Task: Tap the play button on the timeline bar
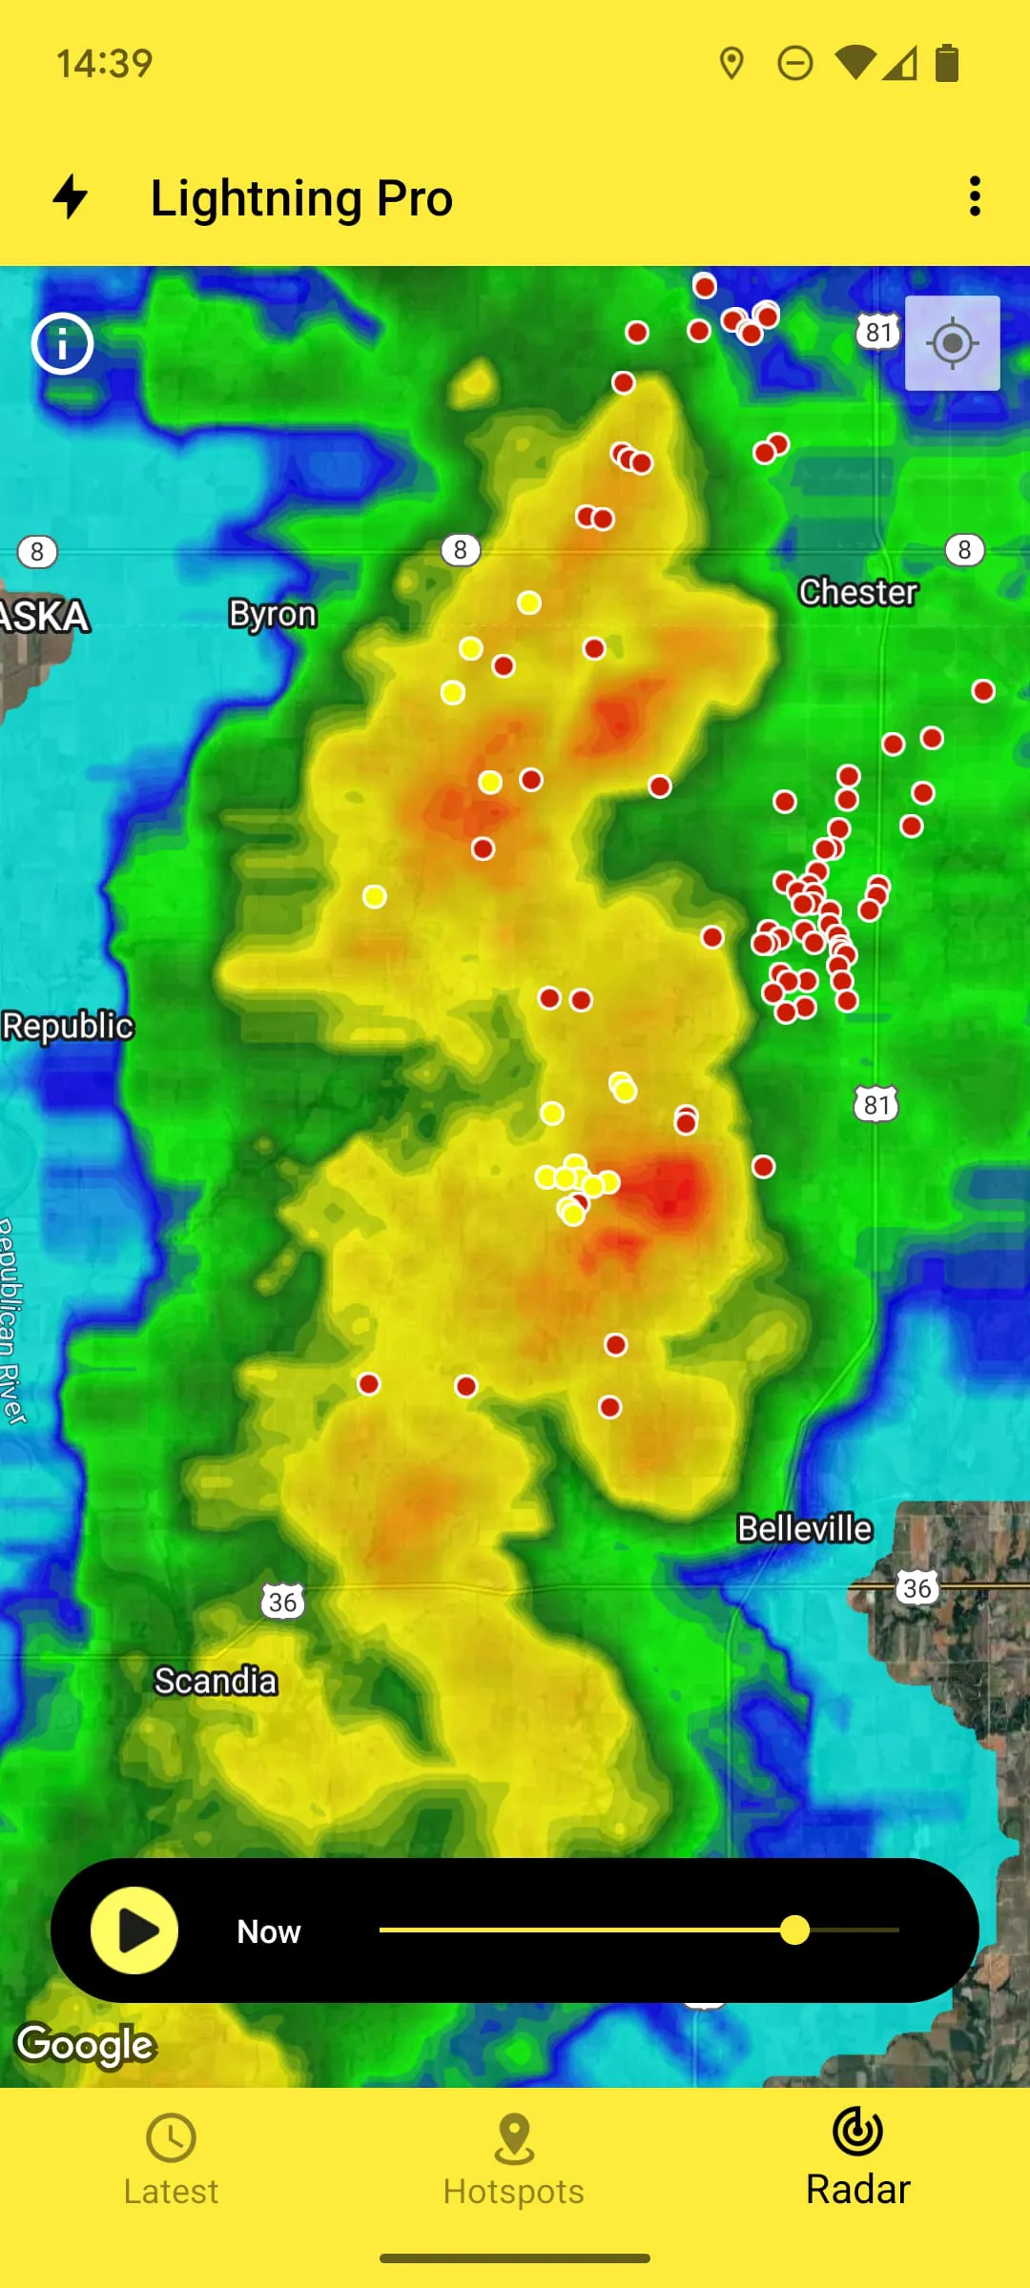pos(134,1930)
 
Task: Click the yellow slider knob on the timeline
pos(794,1930)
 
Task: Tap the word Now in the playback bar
pos(269,1931)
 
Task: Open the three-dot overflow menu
pos(974,196)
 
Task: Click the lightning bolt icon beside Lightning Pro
pos(70,196)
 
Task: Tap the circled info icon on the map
pos(63,343)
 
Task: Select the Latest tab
pos(171,2160)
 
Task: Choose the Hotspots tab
pos(514,2160)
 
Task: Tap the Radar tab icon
pos(857,2132)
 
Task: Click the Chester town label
pos(857,592)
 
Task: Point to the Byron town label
pos(272,614)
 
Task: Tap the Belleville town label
pos(804,1529)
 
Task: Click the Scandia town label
pos(216,1681)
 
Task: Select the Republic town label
pos(67,1027)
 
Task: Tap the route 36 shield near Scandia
pos(282,1602)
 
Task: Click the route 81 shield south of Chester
pos(875,1105)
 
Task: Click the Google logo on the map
pos(86,2045)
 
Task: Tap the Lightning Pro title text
pos(301,198)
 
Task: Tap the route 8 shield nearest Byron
pos(461,550)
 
